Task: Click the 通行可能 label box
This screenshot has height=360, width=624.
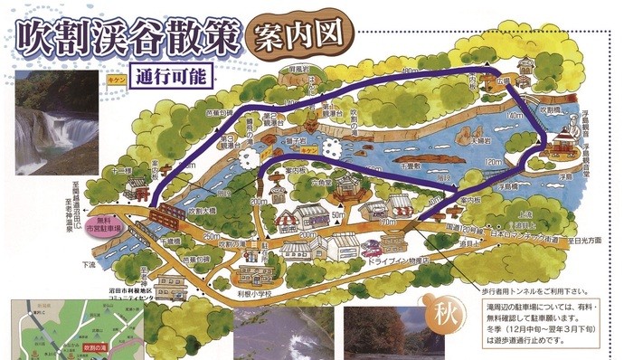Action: (171, 74)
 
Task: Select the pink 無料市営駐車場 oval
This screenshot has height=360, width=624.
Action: (107, 226)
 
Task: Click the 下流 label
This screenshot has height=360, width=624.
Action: (88, 264)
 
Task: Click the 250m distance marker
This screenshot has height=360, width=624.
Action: (215, 236)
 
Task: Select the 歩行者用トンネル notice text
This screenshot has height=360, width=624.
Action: (530, 291)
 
